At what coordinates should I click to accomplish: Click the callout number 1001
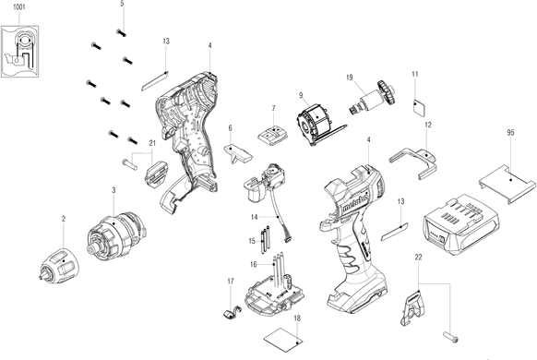click(19, 6)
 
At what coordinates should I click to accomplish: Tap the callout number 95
click(510, 132)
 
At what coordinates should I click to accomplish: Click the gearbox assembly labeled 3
click(117, 235)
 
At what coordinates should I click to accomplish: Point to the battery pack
click(461, 224)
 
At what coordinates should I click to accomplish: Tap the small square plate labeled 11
click(419, 108)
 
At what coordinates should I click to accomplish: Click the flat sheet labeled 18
click(283, 339)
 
